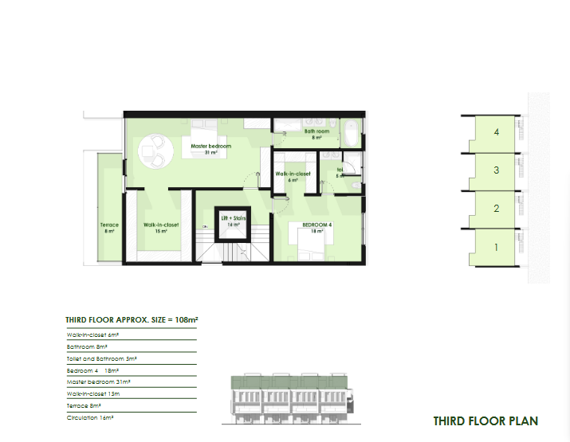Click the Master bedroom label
coord(210,147)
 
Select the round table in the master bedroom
coord(152,151)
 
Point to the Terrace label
coord(109,225)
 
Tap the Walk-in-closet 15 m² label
coord(161,225)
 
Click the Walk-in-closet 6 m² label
coord(293,174)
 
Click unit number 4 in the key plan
coord(496,132)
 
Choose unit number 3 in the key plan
coord(496,170)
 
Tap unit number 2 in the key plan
coord(496,209)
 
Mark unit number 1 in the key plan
coord(496,247)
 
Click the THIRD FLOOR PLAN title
coord(485,421)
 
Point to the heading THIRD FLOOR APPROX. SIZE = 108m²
coord(131,320)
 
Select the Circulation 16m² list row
coord(91,417)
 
